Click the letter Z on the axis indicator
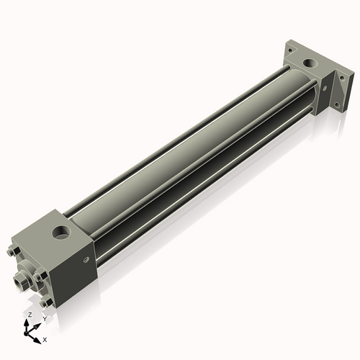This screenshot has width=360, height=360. click(29, 315)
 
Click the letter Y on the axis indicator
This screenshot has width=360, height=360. click(44, 318)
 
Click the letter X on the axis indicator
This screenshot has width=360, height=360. click(45, 338)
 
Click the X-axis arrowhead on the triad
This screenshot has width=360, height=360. click(38, 336)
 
